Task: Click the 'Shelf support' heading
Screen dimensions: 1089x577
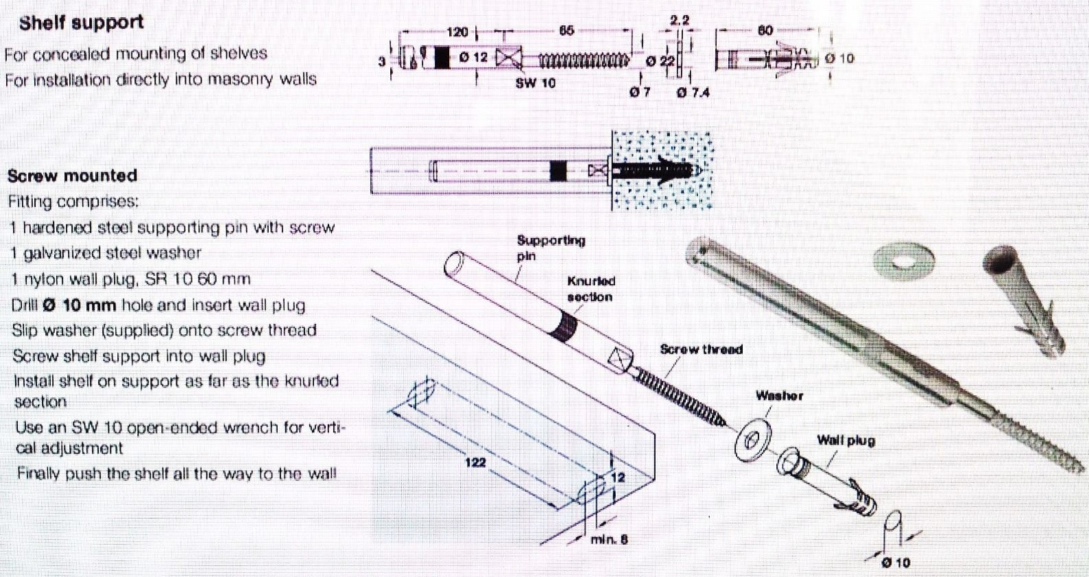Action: click(x=81, y=23)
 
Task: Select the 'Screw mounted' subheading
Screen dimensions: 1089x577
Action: click(x=73, y=176)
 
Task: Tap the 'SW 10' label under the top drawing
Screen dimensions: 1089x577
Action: click(x=536, y=83)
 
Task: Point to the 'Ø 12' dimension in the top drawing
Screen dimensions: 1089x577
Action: click(x=473, y=58)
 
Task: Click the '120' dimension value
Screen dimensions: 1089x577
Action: click(x=457, y=32)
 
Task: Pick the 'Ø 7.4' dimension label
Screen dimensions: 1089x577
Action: click(x=693, y=92)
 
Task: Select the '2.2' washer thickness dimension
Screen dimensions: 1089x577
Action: click(x=679, y=20)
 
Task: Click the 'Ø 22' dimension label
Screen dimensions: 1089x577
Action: click(x=660, y=61)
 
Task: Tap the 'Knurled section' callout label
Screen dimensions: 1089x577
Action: click(x=590, y=289)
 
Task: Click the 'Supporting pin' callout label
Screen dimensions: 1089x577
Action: click(x=551, y=248)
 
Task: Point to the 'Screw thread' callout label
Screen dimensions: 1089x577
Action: click(x=701, y=349)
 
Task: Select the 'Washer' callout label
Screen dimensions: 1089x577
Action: click(x=779, y=396)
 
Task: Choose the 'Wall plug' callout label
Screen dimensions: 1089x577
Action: click(x=846, y=440)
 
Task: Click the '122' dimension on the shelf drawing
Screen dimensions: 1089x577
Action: click(x=475, y=462)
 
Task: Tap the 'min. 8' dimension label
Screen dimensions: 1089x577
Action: click(x=609, y=539)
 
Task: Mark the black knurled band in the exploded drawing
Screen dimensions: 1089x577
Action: click(x=564, y=325)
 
